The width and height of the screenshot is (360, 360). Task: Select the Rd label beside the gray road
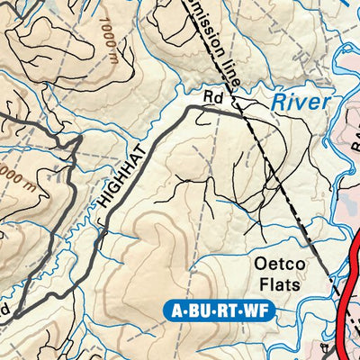(x=212, y=95)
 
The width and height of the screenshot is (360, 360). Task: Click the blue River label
(x=302, y=101)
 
